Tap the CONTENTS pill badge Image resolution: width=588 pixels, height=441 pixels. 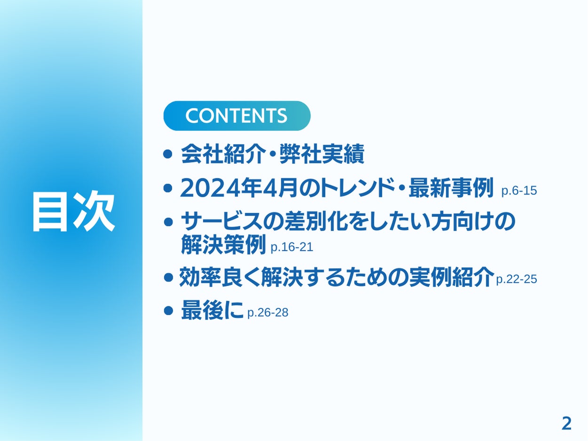[x=237, y=116]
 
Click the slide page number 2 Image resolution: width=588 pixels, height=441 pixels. [x=566, y=424]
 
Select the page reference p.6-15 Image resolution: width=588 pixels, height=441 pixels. [x=519, y=191]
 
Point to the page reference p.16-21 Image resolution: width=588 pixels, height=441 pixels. [x=292, y=247]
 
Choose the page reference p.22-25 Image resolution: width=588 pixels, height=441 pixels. [x=516, y=279]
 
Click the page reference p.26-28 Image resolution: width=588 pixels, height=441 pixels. [x=268, y=313]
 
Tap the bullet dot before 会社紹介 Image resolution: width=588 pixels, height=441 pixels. [x=167, y=154]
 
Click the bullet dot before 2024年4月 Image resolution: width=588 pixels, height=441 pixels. [x=167, y=188]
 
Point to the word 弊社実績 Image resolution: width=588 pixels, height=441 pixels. [x=322, y=154]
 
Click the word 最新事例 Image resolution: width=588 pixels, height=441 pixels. [x=451, y=188]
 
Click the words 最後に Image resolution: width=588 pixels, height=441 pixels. [x=212, y=311]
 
